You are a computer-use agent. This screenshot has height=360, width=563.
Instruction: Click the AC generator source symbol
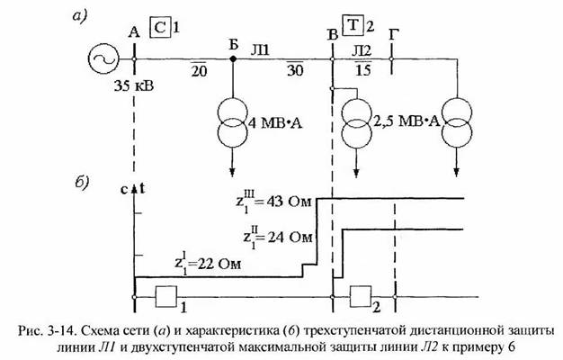pos(103,59)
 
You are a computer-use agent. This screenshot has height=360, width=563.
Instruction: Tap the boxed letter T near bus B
pos(353,25)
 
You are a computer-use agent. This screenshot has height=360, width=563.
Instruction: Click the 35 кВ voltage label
pos(134,85)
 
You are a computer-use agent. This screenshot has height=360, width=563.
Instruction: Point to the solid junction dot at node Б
pos(233,58)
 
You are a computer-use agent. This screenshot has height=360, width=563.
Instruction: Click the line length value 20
pos(199,70)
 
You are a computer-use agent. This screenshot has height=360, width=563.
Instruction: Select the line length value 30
pos(295,69)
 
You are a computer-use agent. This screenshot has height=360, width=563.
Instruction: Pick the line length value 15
pos(363,68)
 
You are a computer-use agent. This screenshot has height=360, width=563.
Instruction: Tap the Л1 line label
pos(260,50)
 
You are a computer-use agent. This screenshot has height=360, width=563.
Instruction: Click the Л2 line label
pos(362,50)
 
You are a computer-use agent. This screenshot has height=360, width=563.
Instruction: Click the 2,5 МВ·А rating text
pos(407,121)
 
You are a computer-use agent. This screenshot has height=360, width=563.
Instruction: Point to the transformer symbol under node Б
pos(232,122)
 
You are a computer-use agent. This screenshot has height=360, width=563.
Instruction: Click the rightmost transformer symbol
pos(456,121)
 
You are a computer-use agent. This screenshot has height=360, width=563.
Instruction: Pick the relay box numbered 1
pos(165,296)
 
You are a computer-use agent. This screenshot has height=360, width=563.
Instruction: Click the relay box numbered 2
pos(361,296)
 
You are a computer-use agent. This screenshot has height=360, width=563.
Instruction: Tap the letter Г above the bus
pos(394,34)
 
